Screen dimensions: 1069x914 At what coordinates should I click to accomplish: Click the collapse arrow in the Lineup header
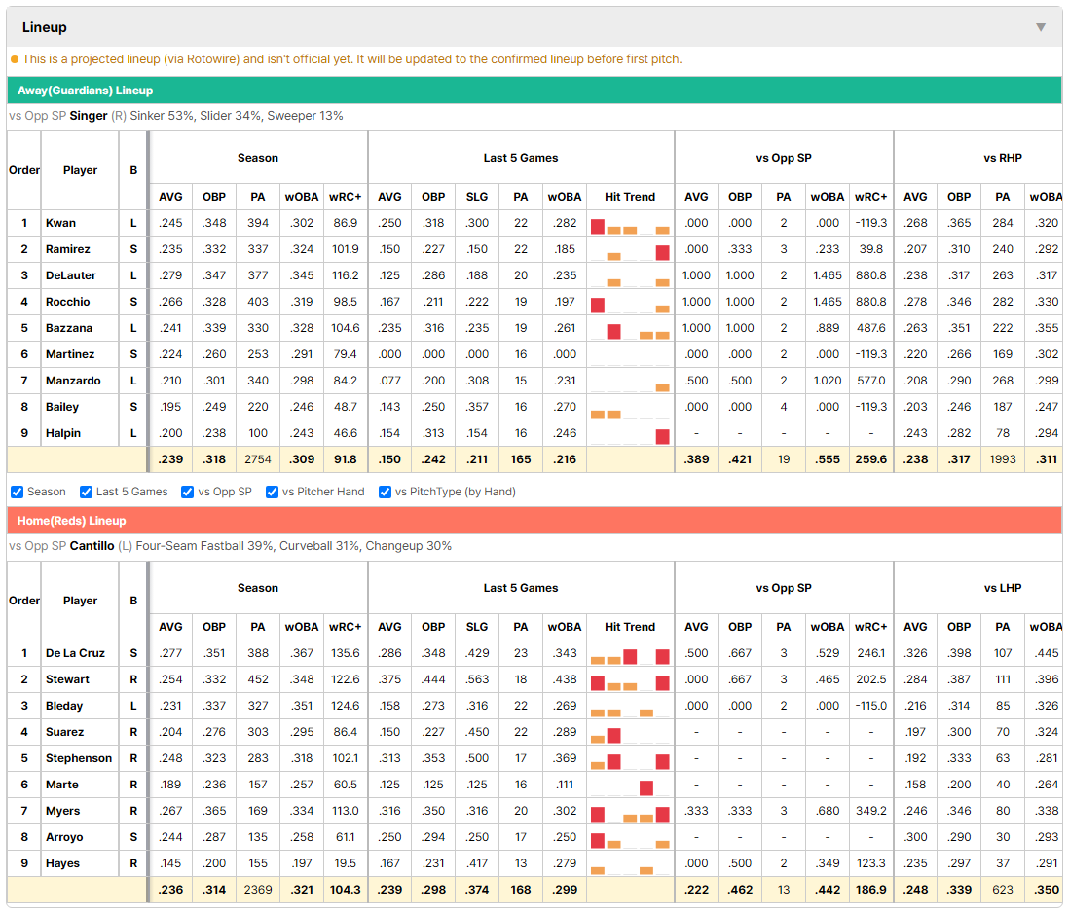pos(1041,27)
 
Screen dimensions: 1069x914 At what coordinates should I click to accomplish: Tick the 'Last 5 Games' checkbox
pos(86,493)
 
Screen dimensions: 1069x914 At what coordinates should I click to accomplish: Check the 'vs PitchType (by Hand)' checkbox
pos(386,493)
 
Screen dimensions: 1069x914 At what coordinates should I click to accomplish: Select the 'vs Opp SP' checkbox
pos(188,493)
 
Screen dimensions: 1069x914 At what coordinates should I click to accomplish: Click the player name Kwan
pos(60,223)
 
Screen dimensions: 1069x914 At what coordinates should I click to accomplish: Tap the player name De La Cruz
pos(75,653)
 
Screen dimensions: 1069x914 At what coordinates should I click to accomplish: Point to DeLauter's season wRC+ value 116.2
pos(345,275)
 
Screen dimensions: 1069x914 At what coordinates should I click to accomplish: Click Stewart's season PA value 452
pos(258,679)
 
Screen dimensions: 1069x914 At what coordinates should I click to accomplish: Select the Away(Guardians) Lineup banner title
pos(86,91)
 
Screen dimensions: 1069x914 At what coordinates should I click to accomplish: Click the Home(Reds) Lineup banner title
pos(72,521)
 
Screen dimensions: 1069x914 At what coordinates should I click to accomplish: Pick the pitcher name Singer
pos(89,116)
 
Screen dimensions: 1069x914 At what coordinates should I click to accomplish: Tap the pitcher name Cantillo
pos(92,546)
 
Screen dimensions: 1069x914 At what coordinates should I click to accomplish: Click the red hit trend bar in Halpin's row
pos(662,436)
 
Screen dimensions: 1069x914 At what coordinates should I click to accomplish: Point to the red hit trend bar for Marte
pos(646,787)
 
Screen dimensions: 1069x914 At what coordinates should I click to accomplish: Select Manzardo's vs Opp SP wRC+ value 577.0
pos(871,381)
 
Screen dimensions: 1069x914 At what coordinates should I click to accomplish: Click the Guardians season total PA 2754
pos(258,459)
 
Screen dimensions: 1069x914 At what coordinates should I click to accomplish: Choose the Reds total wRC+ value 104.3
pos(345,890)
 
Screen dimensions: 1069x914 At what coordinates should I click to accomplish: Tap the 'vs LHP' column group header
pos(1002,588)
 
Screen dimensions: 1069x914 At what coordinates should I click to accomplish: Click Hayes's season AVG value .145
pos(170,862)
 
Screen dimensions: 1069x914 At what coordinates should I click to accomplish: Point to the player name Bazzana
pos(69,328)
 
